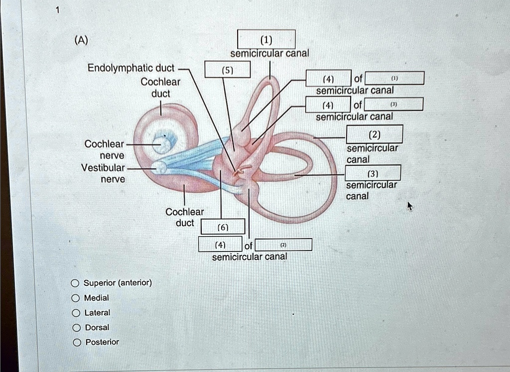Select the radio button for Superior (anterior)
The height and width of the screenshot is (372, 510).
[x=75, y=283]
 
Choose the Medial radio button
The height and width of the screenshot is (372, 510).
[x=75, y=298]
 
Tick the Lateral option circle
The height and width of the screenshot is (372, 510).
[x=75, y=313]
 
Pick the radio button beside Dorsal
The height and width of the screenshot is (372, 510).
[x=75, y=328]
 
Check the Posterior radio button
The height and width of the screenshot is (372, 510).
[x=75, y=343]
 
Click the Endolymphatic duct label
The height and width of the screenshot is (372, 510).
[x=131, y=68]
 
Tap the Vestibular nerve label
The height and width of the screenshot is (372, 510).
[x=103, y=173]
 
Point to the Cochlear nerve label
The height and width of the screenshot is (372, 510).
[x=104, y=149]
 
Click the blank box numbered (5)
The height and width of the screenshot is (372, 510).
[x=227, y=71]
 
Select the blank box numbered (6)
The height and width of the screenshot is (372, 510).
[x=223, y=227]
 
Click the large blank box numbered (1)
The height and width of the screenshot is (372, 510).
[x=266, y=39]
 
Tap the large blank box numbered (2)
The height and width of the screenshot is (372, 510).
[x=374, y=134]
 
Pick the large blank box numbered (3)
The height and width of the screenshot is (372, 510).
[x=373, y=173]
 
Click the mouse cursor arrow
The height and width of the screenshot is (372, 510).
[x=410, y=206]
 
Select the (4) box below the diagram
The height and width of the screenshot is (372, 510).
[x=220, y=245]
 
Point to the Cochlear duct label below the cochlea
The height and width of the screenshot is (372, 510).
[x=184, y=217]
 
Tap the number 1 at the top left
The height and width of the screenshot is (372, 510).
[x=57, y=9]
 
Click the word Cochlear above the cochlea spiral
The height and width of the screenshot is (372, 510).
[x=160, y=82]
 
